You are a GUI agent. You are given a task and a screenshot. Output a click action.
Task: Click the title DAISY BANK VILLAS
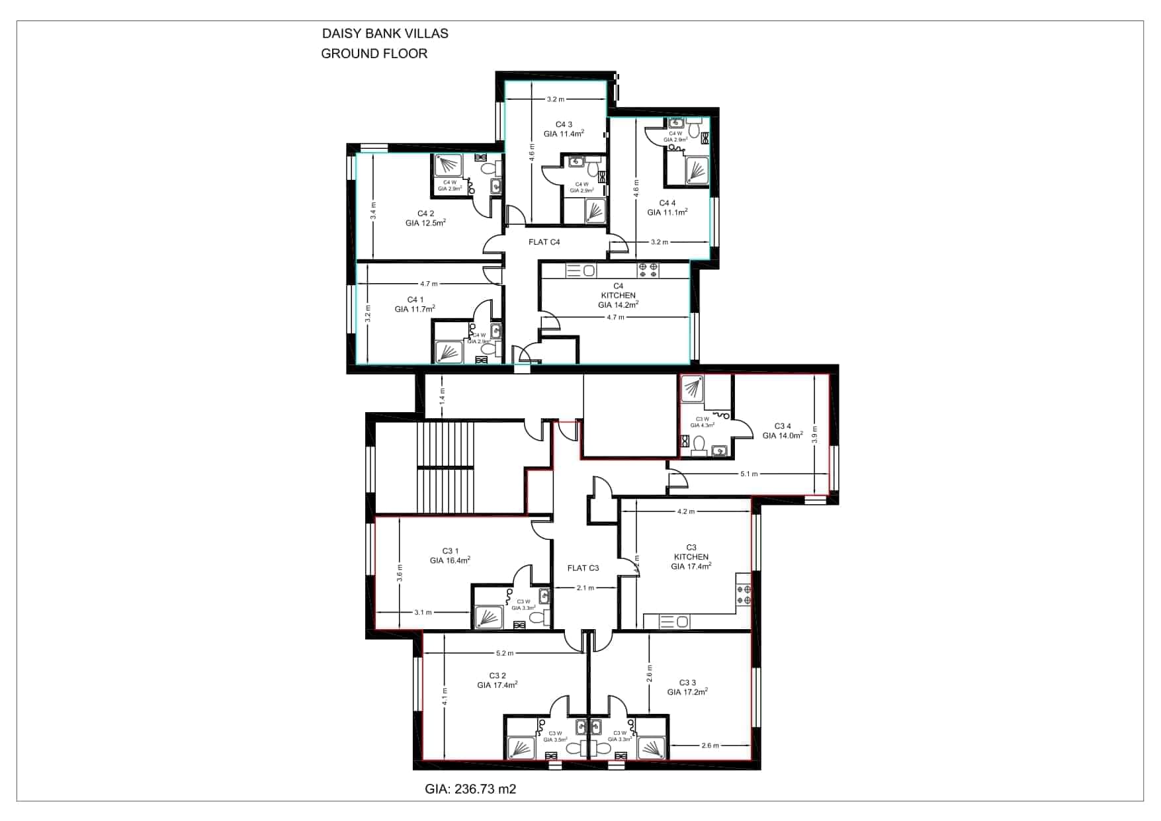384,34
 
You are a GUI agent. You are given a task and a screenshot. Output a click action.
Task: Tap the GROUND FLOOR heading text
374,54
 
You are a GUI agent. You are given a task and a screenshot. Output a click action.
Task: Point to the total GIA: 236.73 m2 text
470,789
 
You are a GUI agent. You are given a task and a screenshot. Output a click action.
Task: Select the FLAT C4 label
544,242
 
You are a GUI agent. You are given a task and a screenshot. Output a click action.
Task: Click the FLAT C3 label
583,568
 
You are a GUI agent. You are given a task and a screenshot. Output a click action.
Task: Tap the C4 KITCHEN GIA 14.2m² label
618,296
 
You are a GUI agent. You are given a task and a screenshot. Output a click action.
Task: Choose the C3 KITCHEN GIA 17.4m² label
691,557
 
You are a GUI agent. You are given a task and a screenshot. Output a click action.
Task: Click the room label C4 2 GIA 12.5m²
425,218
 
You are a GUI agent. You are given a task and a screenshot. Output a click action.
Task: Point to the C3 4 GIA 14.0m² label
782,431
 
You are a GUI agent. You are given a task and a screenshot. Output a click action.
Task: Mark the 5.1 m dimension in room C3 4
749,474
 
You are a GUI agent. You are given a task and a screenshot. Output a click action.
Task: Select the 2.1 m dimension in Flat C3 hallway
585,587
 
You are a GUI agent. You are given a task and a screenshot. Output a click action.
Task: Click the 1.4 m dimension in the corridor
443,396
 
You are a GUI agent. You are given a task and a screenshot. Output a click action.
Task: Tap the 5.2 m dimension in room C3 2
504,653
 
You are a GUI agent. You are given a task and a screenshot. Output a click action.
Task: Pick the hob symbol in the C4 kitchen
648,270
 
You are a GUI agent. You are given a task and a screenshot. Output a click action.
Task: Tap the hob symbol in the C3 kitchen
744,594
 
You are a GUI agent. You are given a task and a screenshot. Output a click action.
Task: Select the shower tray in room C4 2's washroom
449,164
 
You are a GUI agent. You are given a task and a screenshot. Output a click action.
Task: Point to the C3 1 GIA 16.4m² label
450,556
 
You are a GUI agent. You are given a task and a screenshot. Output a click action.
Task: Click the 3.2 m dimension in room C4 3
555,99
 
